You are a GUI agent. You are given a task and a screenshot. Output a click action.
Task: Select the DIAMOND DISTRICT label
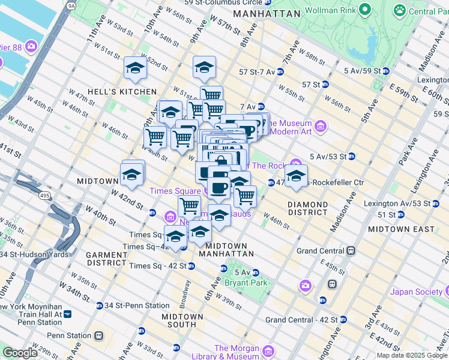coord(307,208)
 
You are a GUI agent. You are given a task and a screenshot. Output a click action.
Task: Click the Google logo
coord(20,352)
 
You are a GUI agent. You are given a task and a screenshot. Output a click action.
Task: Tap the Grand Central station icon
coord(351,251)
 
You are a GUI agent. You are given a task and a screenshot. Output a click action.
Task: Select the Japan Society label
coord(416,292)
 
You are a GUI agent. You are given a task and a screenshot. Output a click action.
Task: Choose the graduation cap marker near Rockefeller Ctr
coord(296,176)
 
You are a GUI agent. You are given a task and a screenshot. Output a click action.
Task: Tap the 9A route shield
coord(72,5)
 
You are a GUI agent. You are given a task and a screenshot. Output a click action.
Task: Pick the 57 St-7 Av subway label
coord(257,71)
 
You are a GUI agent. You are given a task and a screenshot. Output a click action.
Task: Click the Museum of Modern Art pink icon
coord(321,126)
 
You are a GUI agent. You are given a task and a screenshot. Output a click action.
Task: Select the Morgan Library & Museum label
coord(236,352)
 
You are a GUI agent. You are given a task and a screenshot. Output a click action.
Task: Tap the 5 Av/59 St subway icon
coord(386,71)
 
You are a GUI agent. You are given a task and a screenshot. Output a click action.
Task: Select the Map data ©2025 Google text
coord(412,355)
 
